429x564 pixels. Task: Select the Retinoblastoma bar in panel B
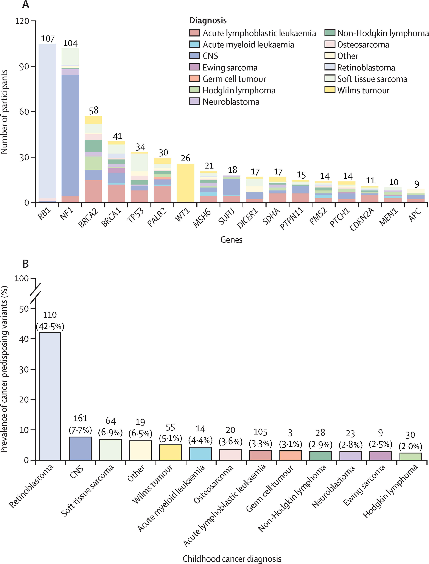50,396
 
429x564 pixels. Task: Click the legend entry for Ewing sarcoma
230,67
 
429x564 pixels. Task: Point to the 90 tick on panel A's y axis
24,66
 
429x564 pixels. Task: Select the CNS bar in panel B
80,448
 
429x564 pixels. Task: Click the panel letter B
26,264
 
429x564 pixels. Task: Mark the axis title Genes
231,240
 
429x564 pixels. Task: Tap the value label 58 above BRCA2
93,110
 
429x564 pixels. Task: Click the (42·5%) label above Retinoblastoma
50,327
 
